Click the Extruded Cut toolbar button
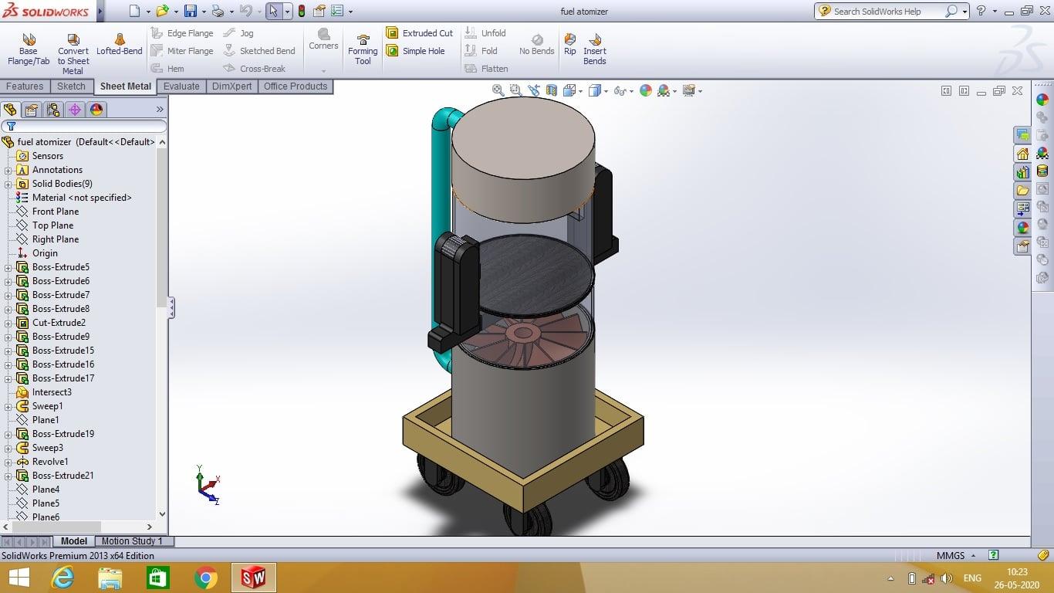coord(420,33)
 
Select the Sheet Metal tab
coord(125,86)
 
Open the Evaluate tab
coord(181,86)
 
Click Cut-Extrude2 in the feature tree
coord(59,323)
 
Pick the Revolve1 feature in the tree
coord(50,462)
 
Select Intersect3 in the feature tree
coord(52,392)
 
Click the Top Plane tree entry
coord(52,225)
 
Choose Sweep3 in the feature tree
coord(47,448)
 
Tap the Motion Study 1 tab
coord(132,541)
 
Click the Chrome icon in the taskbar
coord(205,578)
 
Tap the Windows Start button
coord(19,578)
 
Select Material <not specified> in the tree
coord(81,198)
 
